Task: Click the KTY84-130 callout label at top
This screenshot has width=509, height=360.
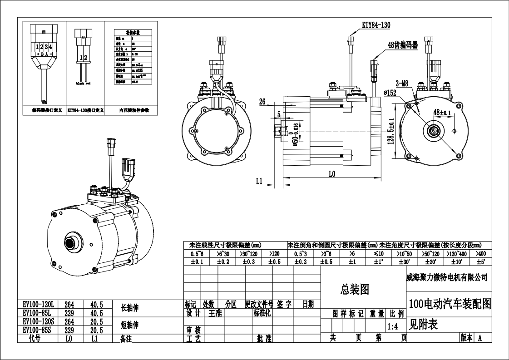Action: pos(376,25)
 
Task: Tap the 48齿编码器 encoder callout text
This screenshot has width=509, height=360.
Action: pos(402,44)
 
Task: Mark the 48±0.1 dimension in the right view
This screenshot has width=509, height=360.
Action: pos(442,112)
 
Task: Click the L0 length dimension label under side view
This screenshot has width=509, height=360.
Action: pos(331,174)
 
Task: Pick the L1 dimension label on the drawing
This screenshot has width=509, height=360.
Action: pos(259,181)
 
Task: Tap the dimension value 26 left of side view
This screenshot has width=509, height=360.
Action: pos(262,102)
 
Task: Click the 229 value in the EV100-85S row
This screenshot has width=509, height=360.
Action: pos(69,330)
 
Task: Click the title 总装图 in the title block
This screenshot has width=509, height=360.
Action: pos(355,290)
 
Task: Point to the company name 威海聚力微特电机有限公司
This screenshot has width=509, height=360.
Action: pos(447,277)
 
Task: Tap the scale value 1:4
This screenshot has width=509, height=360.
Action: pos(393,326)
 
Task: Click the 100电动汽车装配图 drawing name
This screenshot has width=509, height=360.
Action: pos(450,304)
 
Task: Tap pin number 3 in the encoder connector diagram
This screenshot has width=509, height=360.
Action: pos(46,47)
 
